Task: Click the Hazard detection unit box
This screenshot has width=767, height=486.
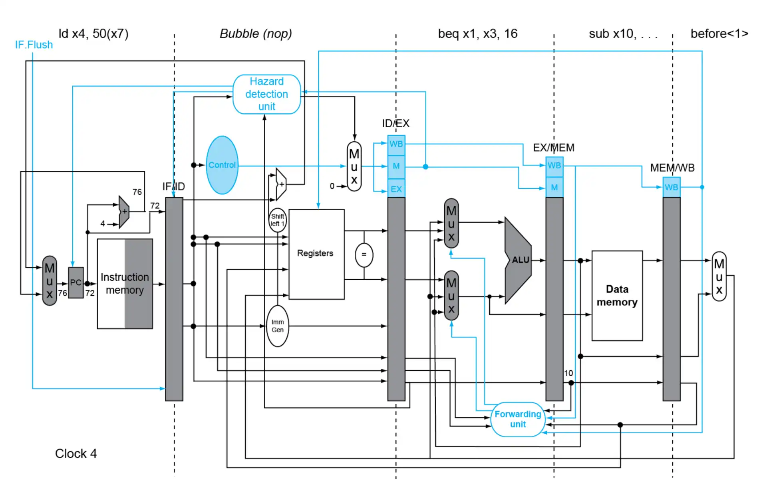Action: point(266,94)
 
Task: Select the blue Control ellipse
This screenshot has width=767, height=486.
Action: point(222,165)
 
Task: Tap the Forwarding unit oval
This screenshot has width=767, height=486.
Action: point(518,419)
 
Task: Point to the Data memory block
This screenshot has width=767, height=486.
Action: point(617,296)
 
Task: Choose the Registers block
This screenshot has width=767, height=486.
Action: point(316,254)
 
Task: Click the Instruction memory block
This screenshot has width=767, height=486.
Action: point(125,284)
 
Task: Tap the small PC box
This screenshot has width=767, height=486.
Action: point(76,283)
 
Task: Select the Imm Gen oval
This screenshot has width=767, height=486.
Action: point(277,326)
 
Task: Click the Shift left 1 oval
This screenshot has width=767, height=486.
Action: point(277,220)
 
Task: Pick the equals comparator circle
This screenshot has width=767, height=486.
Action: point(364,255)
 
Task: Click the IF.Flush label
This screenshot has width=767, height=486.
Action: point(34,45)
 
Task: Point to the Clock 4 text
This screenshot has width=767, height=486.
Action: point(76,454)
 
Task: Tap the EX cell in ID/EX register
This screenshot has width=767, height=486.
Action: point(396,189)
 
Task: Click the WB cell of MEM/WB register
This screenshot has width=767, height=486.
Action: point(671,188)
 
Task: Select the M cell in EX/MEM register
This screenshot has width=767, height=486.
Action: point(554,188)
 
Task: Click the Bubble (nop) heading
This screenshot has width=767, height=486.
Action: point(256,34)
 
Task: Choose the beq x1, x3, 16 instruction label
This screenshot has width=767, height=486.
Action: point(477,34)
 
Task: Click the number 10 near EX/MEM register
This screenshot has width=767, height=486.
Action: point(568,373)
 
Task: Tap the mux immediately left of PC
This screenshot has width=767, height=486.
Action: point(50,281)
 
